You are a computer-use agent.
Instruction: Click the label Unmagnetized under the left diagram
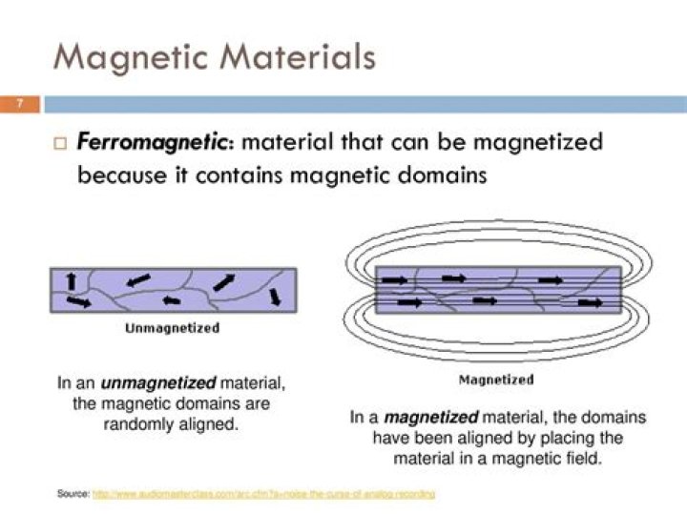click(x=173, y=328)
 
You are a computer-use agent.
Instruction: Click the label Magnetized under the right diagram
click(x=496, y=380)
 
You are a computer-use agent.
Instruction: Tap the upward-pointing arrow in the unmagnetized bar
click(x=70, y=280)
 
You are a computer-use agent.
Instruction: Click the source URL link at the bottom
click(x=263, y=493)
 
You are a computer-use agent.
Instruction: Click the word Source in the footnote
click(x=73, y=493)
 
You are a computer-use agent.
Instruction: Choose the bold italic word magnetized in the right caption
click(x=435, y=417)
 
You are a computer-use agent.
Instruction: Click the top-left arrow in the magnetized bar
click(x=394, y=280)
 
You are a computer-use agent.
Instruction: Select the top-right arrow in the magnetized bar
click(x=551, y=280)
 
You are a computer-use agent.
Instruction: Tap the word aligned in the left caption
click(x=209, y=423)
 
